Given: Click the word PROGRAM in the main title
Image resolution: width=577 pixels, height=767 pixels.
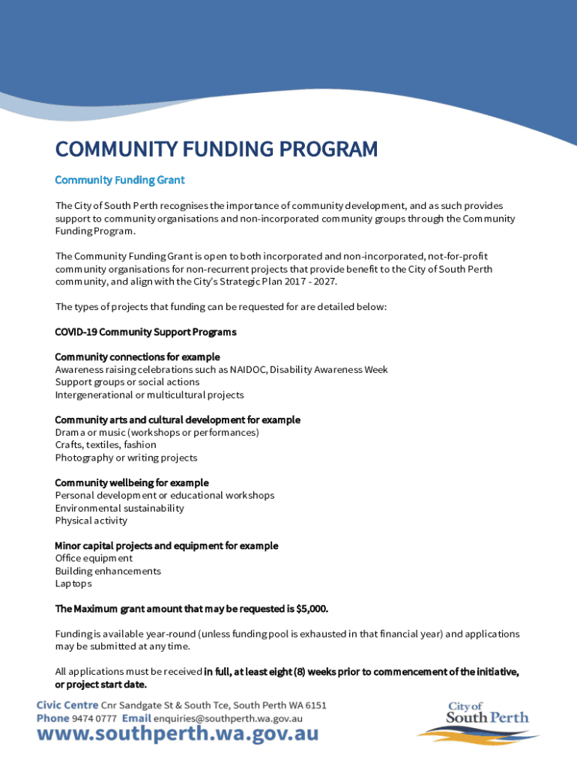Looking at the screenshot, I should click(329, 150).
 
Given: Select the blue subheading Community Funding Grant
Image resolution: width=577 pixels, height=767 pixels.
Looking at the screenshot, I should click(120, 181).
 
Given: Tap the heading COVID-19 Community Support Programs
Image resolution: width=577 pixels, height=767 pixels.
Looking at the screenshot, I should click(145, 332).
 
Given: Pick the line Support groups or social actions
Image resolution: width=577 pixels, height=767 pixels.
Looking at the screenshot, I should click(127, 382).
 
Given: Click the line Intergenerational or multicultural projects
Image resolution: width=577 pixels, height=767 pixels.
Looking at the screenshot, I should click(149, 395).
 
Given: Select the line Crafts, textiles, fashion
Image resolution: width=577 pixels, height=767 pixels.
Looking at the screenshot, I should click(106, 445).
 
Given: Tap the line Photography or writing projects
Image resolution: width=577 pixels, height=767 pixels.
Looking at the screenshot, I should click(126, 458).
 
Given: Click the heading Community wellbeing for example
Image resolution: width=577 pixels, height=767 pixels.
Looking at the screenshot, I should click(132, 483).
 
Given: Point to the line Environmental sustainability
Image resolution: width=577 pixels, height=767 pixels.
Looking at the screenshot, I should click(119, 508).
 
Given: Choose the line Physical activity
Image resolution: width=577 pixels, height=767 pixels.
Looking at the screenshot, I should click(91, 521).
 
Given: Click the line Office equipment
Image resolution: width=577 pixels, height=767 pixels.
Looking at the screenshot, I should click(94, 558).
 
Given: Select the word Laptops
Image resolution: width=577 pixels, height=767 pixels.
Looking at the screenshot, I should click(73, 583).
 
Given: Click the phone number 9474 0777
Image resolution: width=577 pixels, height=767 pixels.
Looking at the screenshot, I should click(94, 718).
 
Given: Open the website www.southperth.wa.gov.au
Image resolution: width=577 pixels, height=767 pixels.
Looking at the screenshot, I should click(178, 736).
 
